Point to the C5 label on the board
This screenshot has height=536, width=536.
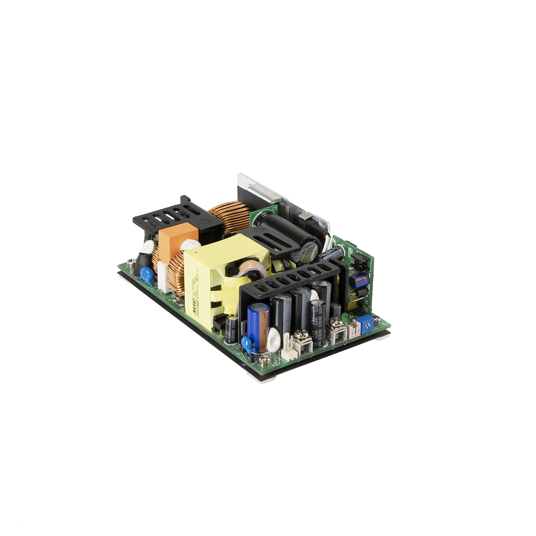275,208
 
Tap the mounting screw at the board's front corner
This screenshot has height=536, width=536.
264,359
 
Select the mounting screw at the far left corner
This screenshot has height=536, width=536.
130,264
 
